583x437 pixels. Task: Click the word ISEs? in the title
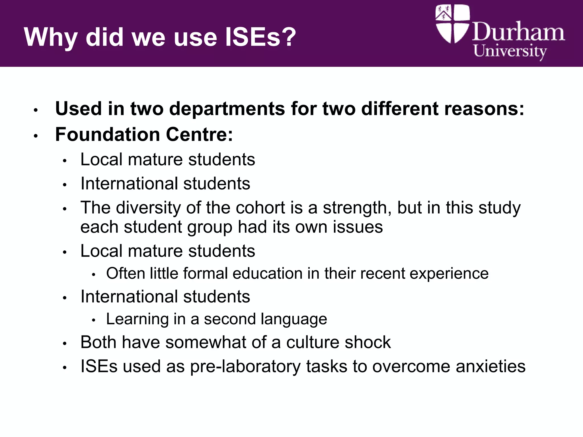click(260, 37)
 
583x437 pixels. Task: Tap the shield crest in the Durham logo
click(452, 24)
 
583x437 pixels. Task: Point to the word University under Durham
click(510, 51)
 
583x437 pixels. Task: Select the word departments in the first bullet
click(227, 109)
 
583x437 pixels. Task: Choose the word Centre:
click(199, 134)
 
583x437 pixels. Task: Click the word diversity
click(148, 208)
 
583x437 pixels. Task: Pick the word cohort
click(260, 208)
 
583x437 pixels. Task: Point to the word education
click(267, 274)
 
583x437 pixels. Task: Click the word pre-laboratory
click(245, 366)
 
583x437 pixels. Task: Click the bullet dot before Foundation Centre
click(36, 136)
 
